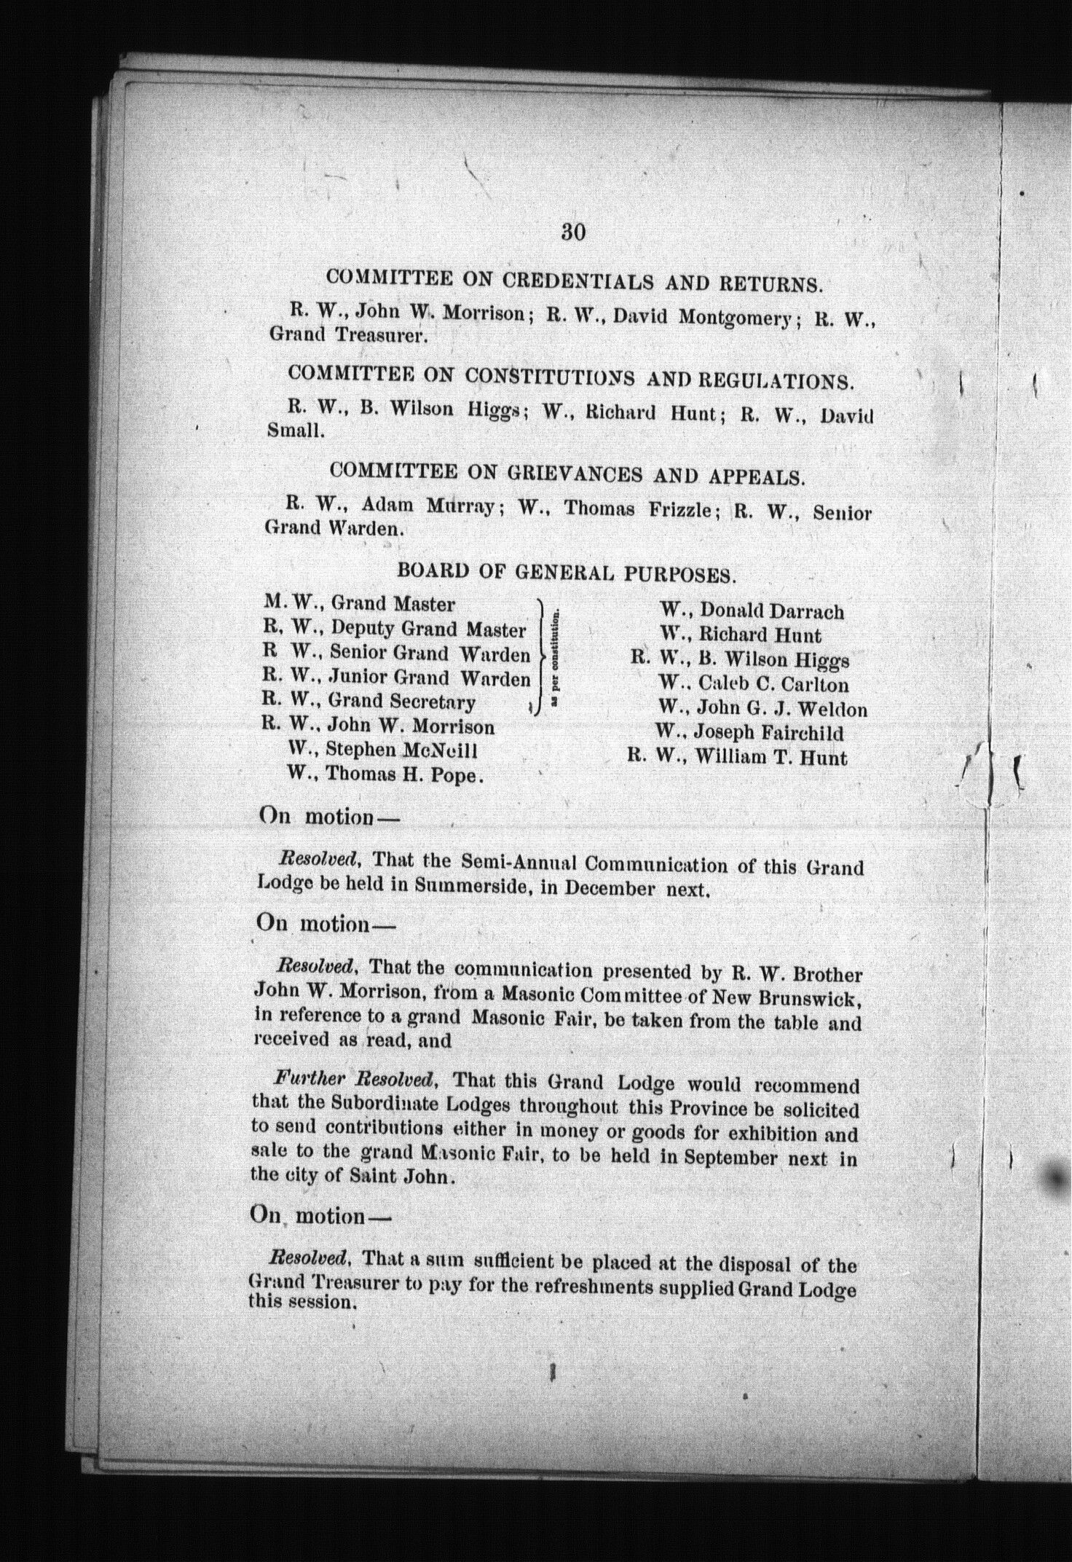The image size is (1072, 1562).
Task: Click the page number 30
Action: pyautogui.click(x=574, y=232)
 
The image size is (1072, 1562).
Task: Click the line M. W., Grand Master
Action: pyautogui.click(x=359, y=604)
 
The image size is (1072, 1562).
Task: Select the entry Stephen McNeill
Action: pyautogui.click(x=401, y=750)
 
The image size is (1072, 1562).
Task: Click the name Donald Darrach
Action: pyautogui.click(x=771, y=611)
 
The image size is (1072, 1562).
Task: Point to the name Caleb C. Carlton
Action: pyautogui.click(x=773, y=684)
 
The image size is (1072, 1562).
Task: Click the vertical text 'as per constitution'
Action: pyautogui.click(x=556, y=658)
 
